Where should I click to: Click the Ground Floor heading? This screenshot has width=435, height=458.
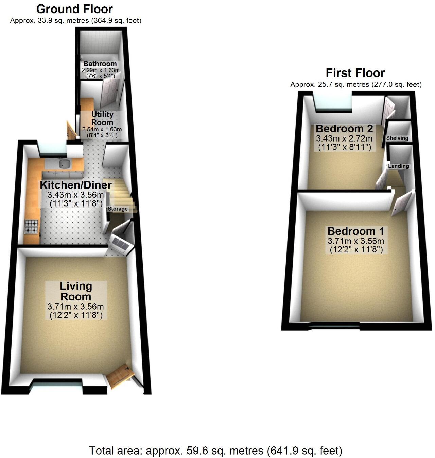pos(74,9)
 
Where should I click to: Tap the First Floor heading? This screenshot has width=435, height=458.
pos(355,73)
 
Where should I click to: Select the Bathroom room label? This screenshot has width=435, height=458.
pos(100,64)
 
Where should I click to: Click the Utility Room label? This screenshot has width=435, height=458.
pos(102,118)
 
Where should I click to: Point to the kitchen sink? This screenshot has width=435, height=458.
pos(64,164)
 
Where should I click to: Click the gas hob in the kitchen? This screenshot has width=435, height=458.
pos(32,227)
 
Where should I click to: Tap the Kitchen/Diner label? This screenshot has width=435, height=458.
pos(76,185)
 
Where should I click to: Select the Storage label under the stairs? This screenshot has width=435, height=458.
pos(118,209)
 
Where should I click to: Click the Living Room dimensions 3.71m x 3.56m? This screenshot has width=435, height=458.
pos(76,307)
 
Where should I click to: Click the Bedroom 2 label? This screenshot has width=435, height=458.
pos(344,129)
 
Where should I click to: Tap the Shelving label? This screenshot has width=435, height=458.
pos(397,138)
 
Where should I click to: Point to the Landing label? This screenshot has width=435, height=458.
pos(398,166)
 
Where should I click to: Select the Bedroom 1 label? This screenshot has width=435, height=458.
pos(355,231)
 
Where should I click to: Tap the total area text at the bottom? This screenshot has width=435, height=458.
pos(215,451)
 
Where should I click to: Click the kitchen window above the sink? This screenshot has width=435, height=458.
pos(52,149)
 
